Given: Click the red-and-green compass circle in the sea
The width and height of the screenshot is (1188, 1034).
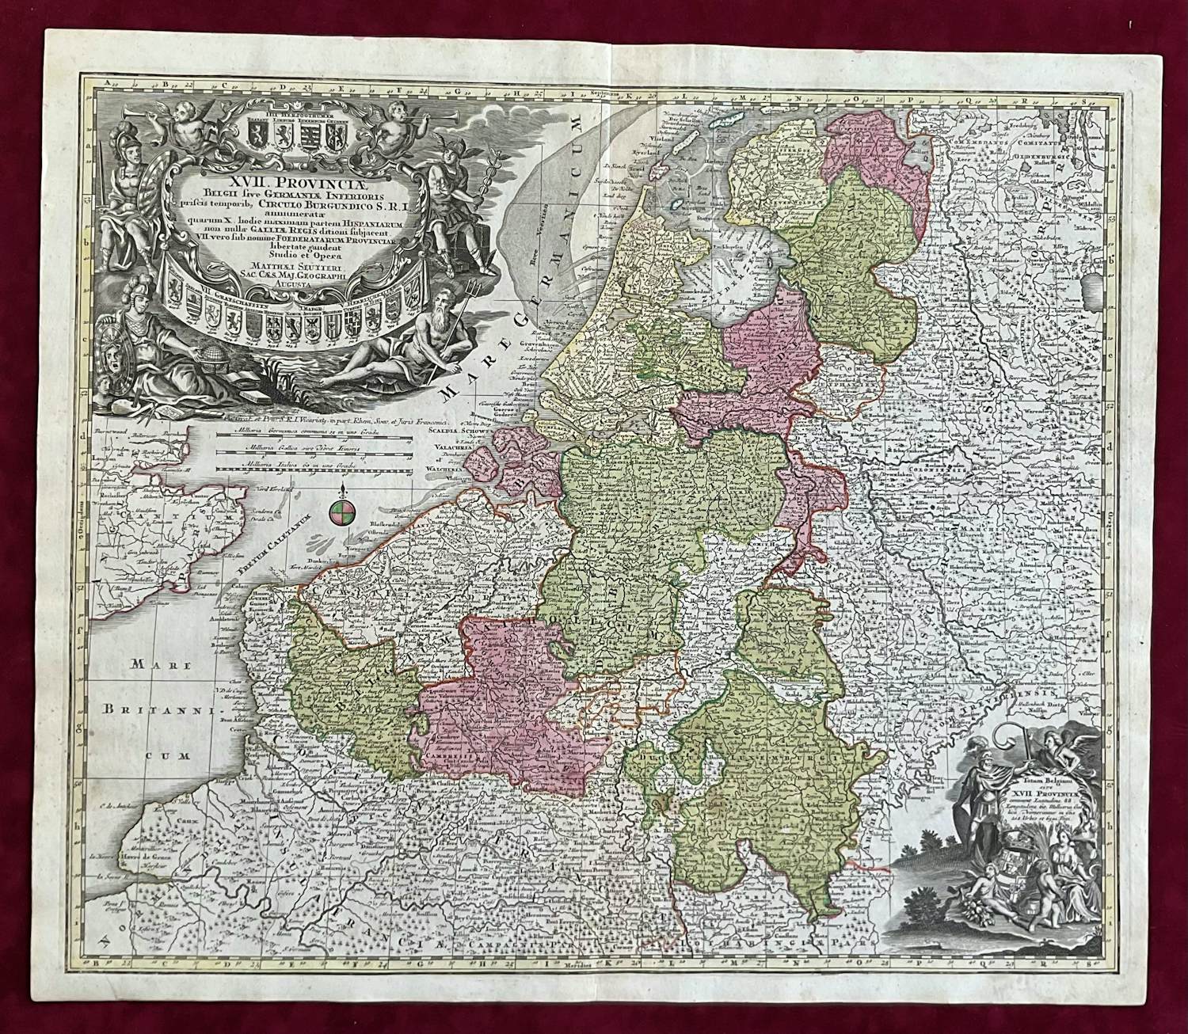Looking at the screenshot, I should (x=340, y=512).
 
